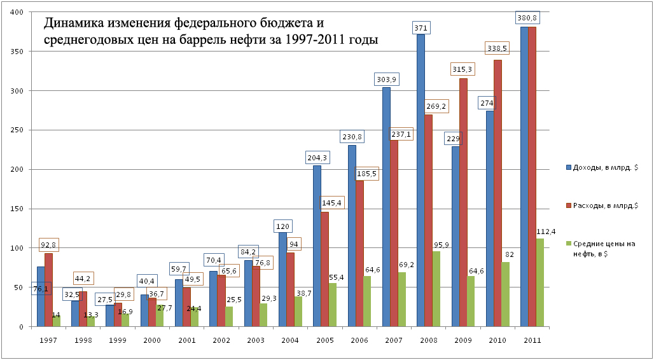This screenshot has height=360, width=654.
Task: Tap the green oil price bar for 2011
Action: pyautogui.click(x=540, y=283)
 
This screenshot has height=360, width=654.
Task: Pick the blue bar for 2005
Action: pyautogui.click(x=317, y=248)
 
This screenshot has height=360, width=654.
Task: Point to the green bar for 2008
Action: pyautogui.click(x=436, y=289)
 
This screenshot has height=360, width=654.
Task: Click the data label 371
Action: pyautogui.click(x=421, y=28)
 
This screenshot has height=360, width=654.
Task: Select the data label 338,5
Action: pyautogui.click(x=499, y=48)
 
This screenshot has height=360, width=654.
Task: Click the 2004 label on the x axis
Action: pyautogui.click(x=290, y=340)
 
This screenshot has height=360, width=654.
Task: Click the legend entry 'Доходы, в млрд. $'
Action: pyautogui.click(x=604, y=167)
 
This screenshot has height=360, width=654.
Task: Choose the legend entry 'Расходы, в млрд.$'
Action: pyautogui.click(x=604, y=205)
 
